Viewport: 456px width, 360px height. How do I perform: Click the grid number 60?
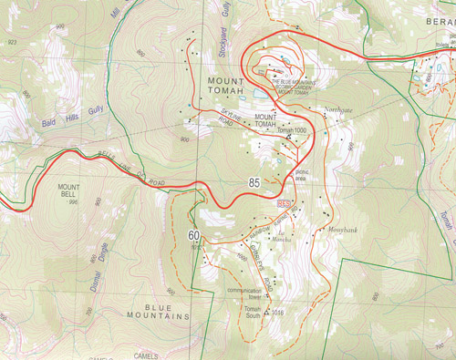point(194,236)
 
